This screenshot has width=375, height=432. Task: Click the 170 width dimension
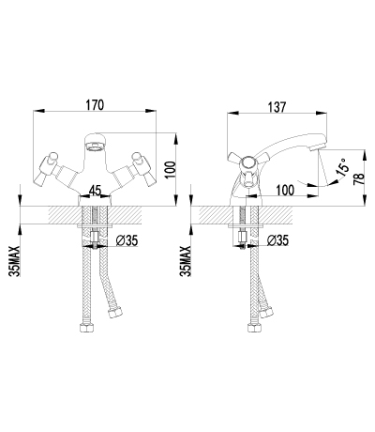(94, 105)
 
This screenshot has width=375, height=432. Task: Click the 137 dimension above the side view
(277, 107)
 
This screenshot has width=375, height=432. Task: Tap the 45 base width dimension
(95, 191)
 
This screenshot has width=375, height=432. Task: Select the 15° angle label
(342, 166)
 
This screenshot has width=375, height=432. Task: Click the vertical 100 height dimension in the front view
(171, 170)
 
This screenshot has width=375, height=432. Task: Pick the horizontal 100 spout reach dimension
(285, 190)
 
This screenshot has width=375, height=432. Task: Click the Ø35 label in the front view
(127, 240)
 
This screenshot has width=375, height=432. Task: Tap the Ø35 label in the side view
(277, 240)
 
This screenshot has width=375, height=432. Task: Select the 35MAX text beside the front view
(15, 261)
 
